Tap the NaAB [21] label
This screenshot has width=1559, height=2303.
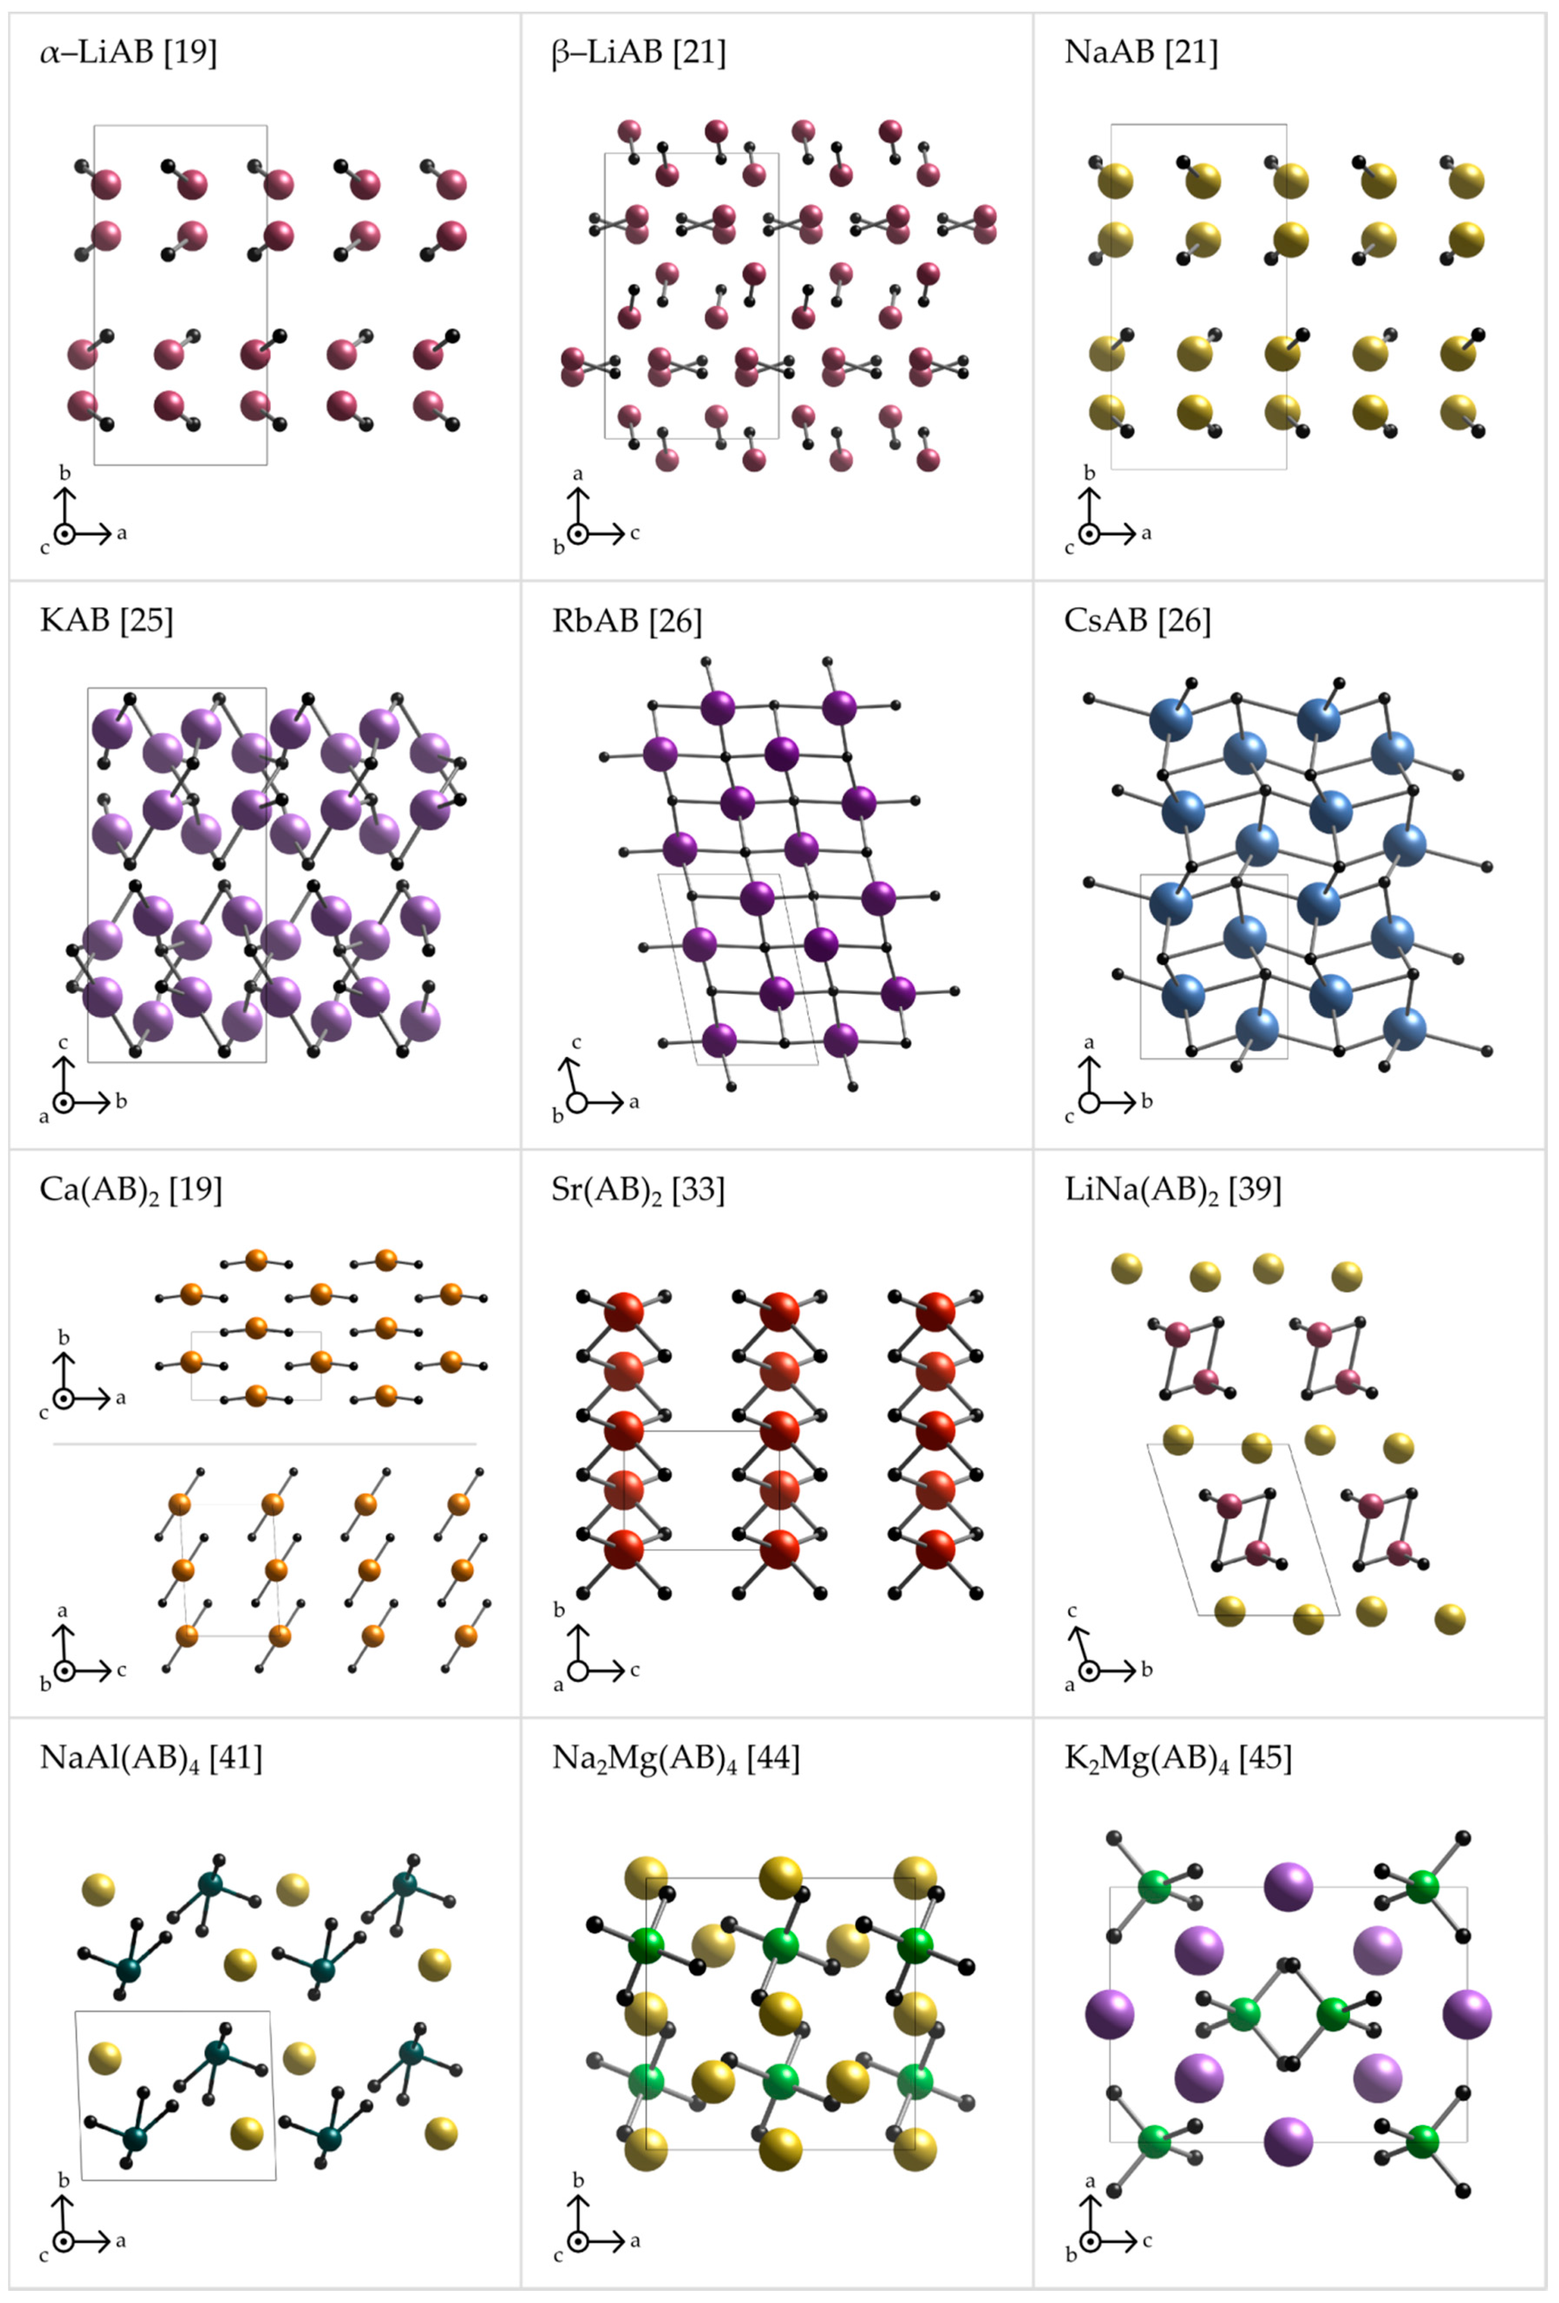(1141, 52)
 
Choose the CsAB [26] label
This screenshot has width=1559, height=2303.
(1137, 620)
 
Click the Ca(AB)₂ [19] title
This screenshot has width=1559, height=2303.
(131, 1189)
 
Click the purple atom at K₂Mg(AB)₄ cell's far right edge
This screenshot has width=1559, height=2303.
(1467, 2014)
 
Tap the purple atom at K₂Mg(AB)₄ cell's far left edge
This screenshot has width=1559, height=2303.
(1109, 2014)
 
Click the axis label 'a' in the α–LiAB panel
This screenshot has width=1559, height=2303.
(122, 533)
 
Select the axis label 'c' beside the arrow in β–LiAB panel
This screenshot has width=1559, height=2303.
(635, 533)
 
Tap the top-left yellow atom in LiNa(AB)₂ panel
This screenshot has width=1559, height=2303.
(1126, 1267)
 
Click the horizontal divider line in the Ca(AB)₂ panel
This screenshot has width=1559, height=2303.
(265, 1444)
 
